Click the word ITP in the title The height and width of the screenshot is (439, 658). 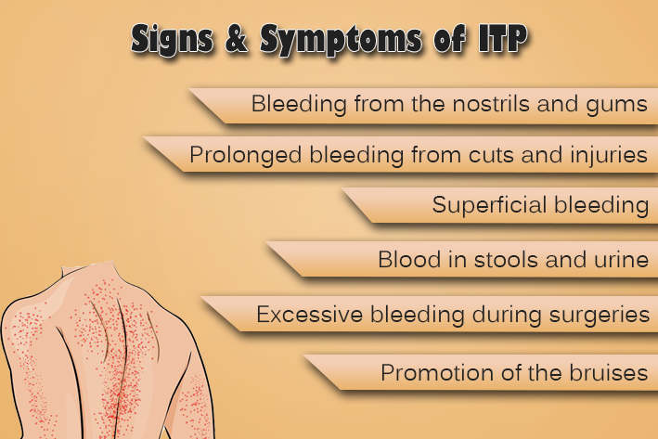pyautogui.click(x=503, y=39)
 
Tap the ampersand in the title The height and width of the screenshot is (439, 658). pyautogui.click(x=237, y=39)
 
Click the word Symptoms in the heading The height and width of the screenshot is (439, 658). pyautogui.click(x=341, y=40)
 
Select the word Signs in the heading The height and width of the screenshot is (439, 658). pyautogui.click(x=172, y=40)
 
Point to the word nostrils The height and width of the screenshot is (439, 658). pyautogui.click(x=491, y=103)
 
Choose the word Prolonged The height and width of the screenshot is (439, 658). pyautogui.click(x=246, y=156)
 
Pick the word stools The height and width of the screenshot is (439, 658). pyautogui.click(x=506, y=259)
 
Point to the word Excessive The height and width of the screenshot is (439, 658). pyautogui.click(x=309, y=315)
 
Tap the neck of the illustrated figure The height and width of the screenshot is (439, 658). pyautogui.click(x=88, y=271)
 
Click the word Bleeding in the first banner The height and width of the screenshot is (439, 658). pyautogui.click(x=299, y=104)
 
